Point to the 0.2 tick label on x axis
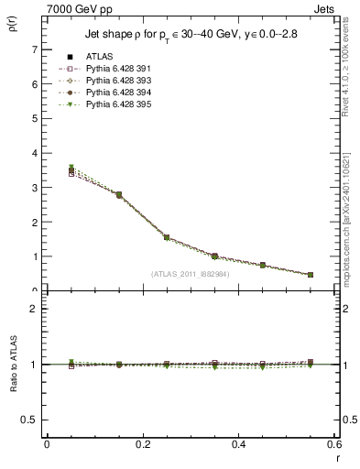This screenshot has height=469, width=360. point(143,446)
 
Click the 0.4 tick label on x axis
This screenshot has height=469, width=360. point(239,446)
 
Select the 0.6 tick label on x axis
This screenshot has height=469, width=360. point(334,446)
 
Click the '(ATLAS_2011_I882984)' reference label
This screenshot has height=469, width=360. point(190,274)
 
